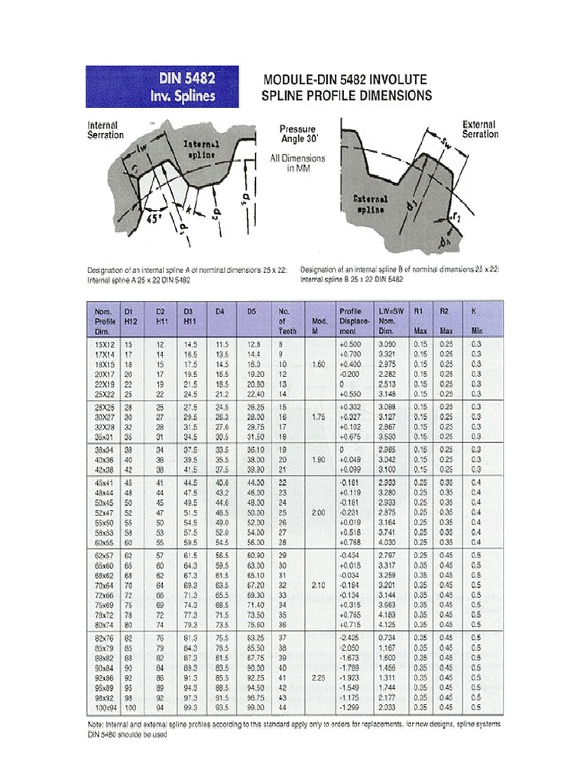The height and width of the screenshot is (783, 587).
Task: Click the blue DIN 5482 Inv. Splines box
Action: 161,86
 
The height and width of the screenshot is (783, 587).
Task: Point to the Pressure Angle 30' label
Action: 297,135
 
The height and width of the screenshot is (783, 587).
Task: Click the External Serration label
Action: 479,129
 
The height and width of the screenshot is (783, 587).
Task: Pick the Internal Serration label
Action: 105,130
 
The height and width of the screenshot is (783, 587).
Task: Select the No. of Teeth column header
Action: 287,322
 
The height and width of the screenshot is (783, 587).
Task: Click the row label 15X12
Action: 104,345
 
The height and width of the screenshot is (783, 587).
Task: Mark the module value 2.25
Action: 319,677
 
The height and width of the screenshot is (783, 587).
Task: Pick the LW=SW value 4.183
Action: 388,613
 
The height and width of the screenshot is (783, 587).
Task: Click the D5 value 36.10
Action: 255,451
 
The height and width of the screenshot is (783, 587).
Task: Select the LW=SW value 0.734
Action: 388,637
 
